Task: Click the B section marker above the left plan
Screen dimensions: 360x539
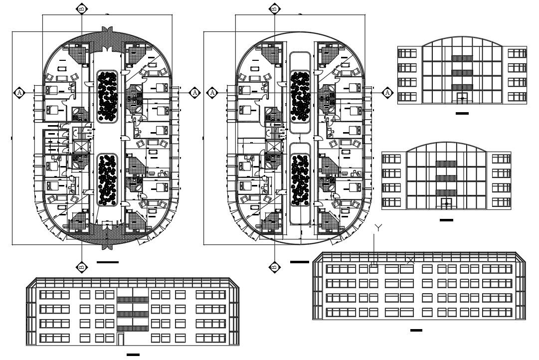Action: coord(82,8)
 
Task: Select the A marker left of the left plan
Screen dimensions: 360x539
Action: coord(19,92)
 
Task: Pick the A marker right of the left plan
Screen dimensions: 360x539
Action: coord(195,92)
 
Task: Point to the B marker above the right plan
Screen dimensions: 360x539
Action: coord(274,8)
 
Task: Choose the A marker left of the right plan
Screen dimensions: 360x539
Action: coord(212,92)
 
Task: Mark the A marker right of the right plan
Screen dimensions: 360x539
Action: coord(387,92)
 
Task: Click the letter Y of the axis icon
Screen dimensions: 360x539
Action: coord(378,228)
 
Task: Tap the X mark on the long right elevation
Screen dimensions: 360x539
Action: coord(410,260)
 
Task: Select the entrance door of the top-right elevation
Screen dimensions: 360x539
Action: coord(463,99)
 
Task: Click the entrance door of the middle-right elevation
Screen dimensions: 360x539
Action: coord(447,203)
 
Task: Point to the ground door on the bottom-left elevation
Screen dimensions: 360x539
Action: coord(121,339)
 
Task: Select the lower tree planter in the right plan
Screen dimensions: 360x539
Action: coord(300,180)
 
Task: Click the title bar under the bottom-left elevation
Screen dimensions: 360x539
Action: coord(133,355)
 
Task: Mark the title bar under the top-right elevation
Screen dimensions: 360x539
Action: coord(462,114)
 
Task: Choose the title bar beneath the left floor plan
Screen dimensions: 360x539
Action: coord(108,262)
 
